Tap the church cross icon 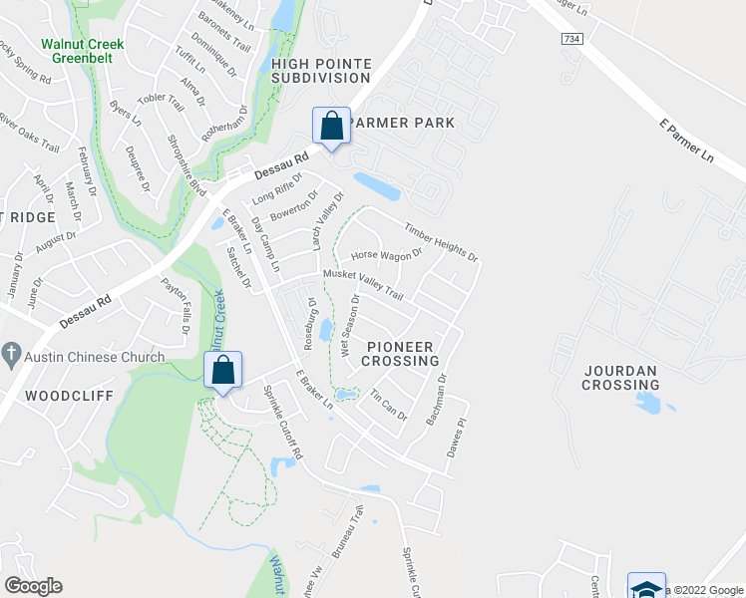point(11,355)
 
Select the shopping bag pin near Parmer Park point(332,127)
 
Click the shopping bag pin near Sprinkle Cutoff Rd point(223,371)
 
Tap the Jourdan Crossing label point(619,378)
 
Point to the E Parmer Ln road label point(687,143)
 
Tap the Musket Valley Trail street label point(362,283)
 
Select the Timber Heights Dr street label point(441,241)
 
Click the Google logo point(33,586)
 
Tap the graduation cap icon point(646,588)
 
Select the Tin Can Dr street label point(389,405)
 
